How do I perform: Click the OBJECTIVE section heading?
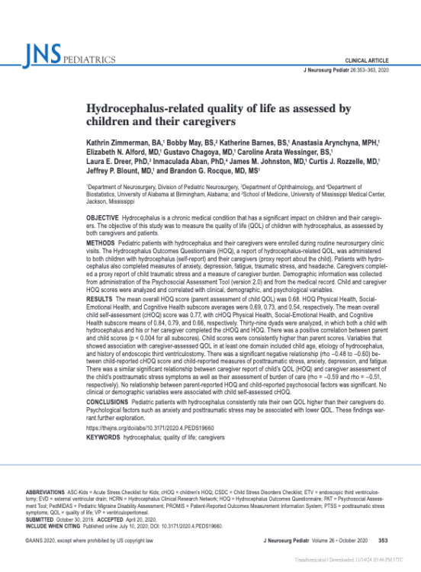click(x=107, y=218)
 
